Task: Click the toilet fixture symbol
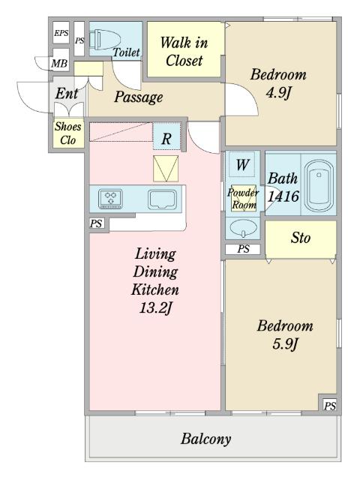pos(105,40)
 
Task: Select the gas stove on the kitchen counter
pos(110,199)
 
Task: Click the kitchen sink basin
pos(162,199)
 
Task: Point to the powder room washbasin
pos(243,228)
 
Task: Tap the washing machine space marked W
pos(242,164)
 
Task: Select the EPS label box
pos(61,33)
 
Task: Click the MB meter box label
pos(59,63)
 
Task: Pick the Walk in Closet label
pos(184,52)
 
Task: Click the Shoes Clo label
pos(68,133)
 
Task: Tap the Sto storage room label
pos(301,238)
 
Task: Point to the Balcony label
pos(205,439)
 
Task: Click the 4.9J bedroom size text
pos(277,93)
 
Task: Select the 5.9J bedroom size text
pos(285,344)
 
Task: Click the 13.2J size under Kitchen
pos(155,307)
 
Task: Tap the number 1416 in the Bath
pos(283,196)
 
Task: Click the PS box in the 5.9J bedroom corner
pos(330,406)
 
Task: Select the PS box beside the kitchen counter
pos(96,223)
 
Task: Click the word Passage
pos(138,97)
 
